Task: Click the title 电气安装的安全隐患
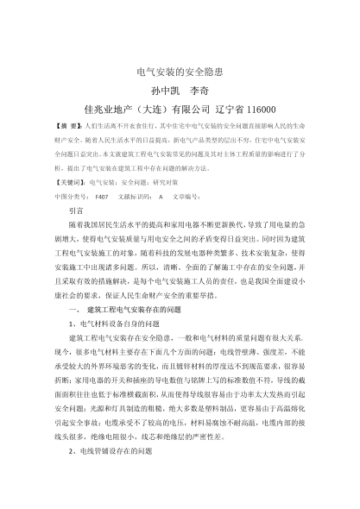tap(180, 72)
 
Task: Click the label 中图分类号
tap(72, 197)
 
